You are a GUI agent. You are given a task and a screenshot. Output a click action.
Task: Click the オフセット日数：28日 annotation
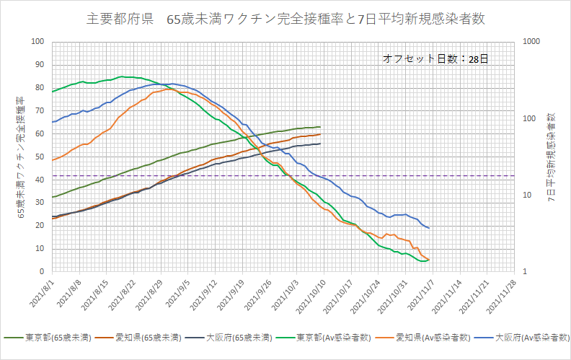(435, 59)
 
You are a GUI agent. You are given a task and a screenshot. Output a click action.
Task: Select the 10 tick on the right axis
(526, 195)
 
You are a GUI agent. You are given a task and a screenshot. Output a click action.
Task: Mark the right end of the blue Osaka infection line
(429, 228)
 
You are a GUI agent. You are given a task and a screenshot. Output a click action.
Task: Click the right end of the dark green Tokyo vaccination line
(320, 127)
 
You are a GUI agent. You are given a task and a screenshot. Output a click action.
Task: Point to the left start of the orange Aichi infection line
(53, 159)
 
